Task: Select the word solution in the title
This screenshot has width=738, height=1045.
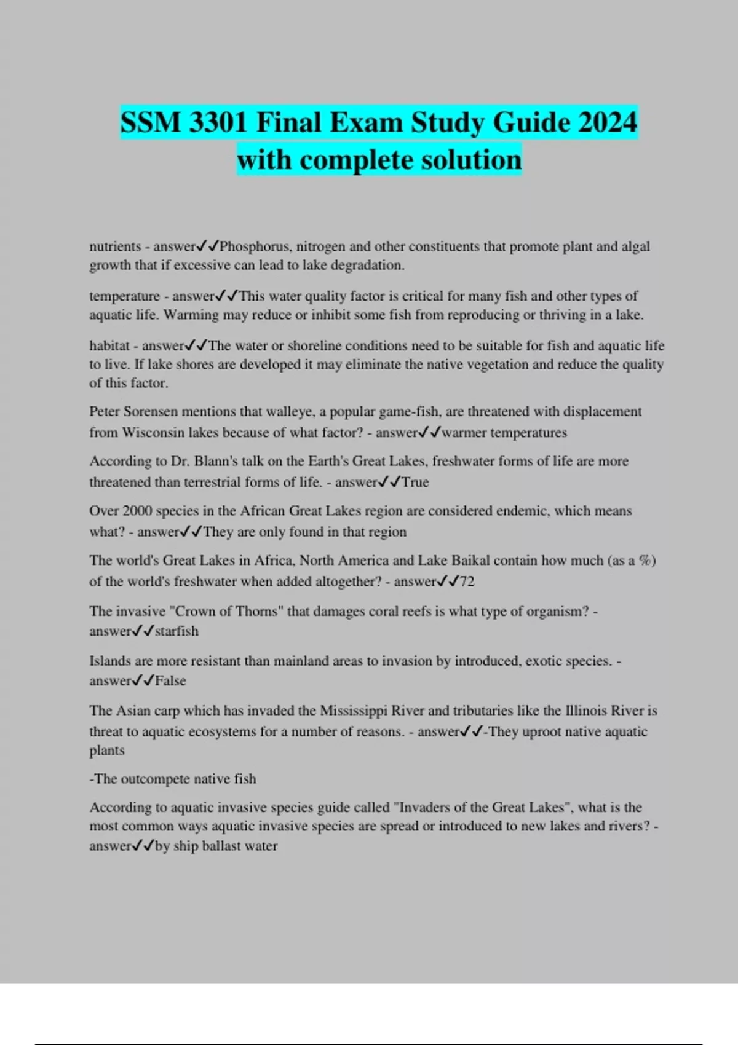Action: pos(472,160)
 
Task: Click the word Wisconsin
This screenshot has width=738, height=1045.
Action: pos(156,432)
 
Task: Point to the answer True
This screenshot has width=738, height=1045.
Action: pos(415,482)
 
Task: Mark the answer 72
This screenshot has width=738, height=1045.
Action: pos(467,582)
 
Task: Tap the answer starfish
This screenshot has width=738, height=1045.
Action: pos(177,631)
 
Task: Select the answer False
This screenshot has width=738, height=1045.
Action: pos(170,681)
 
